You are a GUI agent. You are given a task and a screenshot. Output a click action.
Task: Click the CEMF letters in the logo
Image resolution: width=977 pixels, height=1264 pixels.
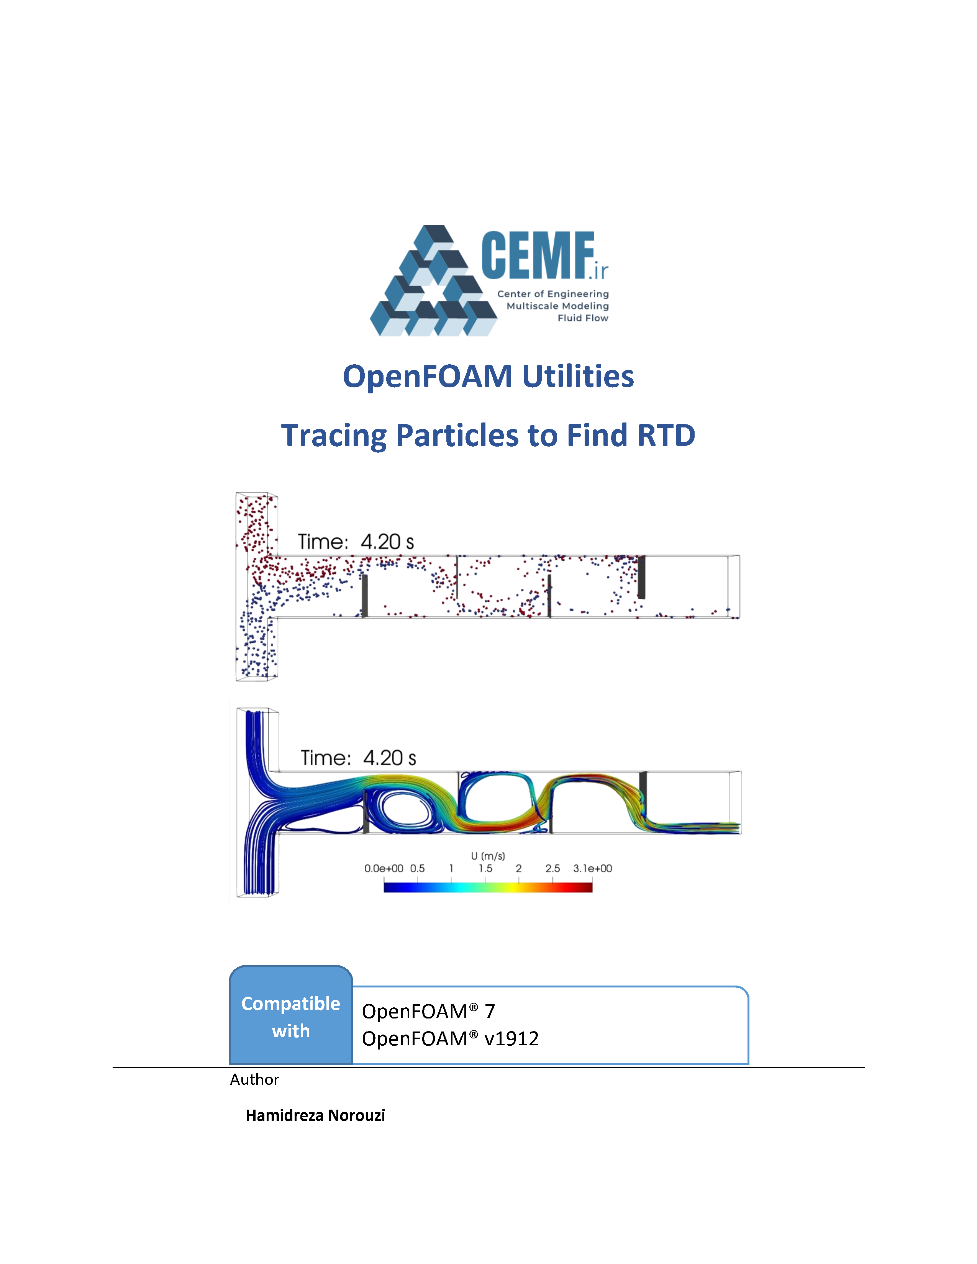[538, 255]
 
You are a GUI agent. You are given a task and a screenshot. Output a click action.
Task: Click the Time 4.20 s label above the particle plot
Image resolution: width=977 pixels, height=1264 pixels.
[356, 542]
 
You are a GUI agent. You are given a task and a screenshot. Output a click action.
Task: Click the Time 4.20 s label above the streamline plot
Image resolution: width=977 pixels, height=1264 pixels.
[358, 758]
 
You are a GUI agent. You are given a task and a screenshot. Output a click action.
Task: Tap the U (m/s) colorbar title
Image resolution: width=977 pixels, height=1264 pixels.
[488, 856]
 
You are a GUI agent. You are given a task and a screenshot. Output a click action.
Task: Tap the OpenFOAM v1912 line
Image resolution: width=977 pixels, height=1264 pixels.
[450, 1039]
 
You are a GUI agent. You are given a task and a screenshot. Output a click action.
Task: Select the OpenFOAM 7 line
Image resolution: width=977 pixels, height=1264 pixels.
[428, 1012]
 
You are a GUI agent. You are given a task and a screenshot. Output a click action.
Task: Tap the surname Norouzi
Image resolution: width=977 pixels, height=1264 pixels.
[357, 1115]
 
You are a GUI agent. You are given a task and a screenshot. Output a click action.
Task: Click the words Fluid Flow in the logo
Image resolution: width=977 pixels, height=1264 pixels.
[583, 318]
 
